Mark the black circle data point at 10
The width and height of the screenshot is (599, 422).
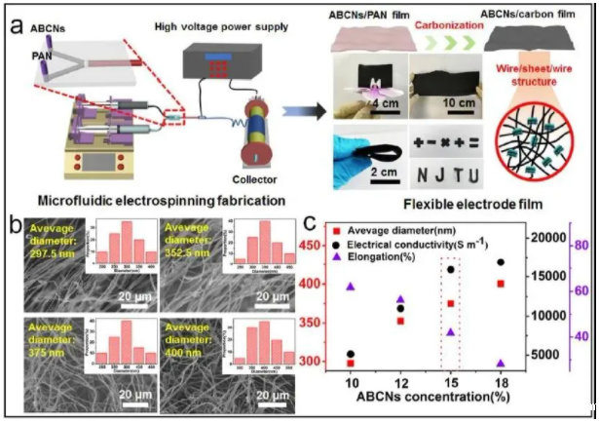351,355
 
